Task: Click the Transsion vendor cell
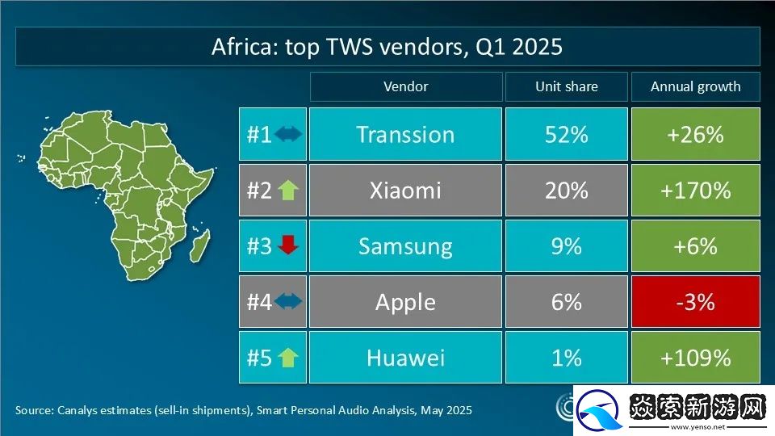[405, 134]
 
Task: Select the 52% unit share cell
[566, 134]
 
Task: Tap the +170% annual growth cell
[695, 191]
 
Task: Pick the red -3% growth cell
[695, 302]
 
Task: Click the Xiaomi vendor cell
[405, 191]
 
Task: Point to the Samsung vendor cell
[405, 246]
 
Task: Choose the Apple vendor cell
[405, 302]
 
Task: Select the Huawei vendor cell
[405, 358]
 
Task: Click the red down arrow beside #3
[287, 246]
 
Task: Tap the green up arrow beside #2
[287, 191]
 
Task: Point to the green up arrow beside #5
[287, 358]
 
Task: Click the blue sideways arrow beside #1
[288, 135]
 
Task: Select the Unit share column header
[566, 86]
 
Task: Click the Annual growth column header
[695, 86]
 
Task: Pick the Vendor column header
[405, 86]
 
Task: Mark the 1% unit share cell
[566, 358]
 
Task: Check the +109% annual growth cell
[695, 358]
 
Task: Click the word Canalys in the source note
[78, 410]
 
